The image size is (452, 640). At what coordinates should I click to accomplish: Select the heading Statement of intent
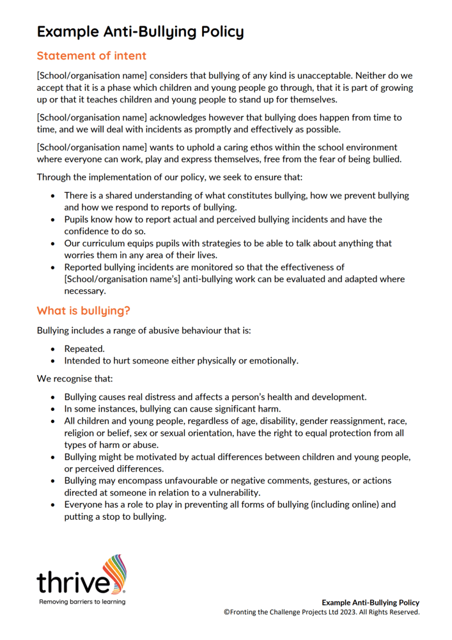91,56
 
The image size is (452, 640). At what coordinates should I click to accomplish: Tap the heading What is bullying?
83,311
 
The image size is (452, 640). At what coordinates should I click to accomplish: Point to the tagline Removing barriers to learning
82,602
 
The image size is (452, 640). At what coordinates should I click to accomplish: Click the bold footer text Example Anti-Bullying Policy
371,603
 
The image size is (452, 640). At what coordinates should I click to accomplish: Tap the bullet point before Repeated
53,349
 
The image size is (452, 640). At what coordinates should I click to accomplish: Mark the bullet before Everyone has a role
53,505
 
